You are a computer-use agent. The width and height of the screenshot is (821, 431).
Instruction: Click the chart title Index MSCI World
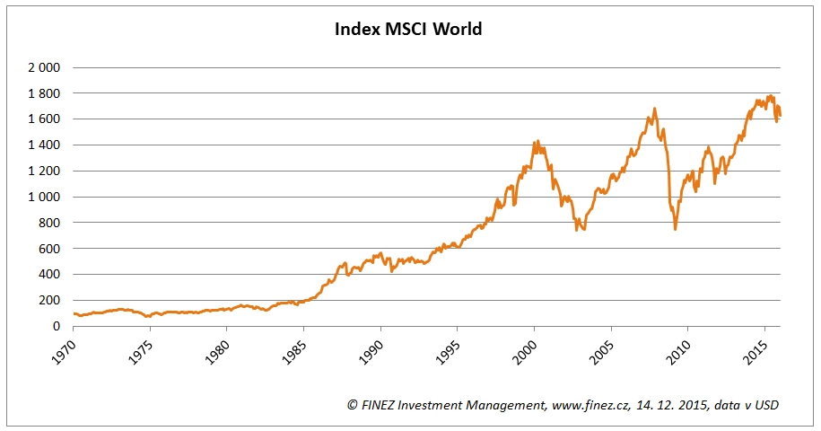(x=408, y=30)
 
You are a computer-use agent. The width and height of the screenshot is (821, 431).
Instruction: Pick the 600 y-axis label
(x=48, y=249)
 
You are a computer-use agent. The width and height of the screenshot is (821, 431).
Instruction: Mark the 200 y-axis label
(x=48, y=301)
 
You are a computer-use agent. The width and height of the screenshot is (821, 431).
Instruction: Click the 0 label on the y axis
(x=56, y=327)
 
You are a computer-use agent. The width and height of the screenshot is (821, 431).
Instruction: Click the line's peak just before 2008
(x=654, y=109)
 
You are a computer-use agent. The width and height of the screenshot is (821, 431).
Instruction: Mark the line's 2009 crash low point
(x=675, y=229)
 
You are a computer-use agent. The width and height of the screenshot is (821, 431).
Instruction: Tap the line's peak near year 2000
(x=537, y=140)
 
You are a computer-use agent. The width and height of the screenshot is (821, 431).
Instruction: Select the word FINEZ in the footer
(x=377, y=406)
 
